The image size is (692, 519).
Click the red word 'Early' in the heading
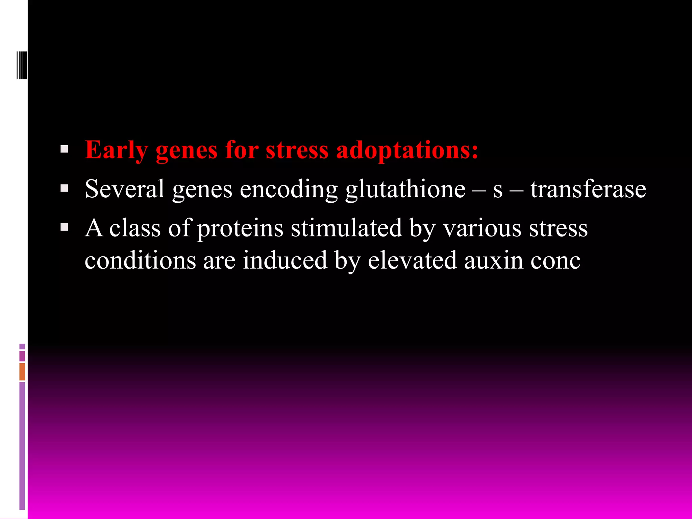[x=116, y=150]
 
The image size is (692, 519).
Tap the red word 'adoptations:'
[x=407, y=150]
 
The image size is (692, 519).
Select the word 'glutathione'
[x=405, y=189]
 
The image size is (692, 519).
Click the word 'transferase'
[x=588, y=189]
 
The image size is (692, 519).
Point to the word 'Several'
[x=124, y=189]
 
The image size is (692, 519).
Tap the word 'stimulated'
[x=346, y=228]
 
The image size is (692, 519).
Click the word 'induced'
[x=285, y=260]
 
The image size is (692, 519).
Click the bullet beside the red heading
[x=64, y=149]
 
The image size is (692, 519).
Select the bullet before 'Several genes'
[x=64, y=188]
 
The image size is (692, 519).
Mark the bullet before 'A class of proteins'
[x=64, y=227]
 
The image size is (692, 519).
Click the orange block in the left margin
[x=22, y=371]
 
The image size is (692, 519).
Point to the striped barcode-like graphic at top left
[x=22, y=65]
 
